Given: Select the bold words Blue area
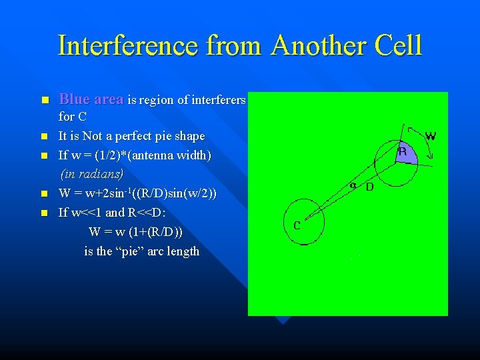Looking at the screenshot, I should tap(91, 99).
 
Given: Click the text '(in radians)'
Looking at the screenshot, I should tap(92, 174).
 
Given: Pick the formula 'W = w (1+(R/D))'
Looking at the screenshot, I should tap(136, 232).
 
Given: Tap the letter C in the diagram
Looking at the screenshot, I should tap(297, 225).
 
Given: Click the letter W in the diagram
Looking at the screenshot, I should tap(431, 136).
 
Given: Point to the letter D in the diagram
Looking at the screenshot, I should tap(369, 187).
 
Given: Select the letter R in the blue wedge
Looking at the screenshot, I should tap(401, 152).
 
